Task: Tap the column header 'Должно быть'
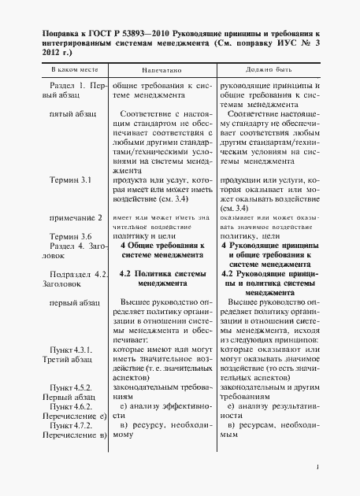pos(268,70)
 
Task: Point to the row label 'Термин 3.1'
pos(71,180)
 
